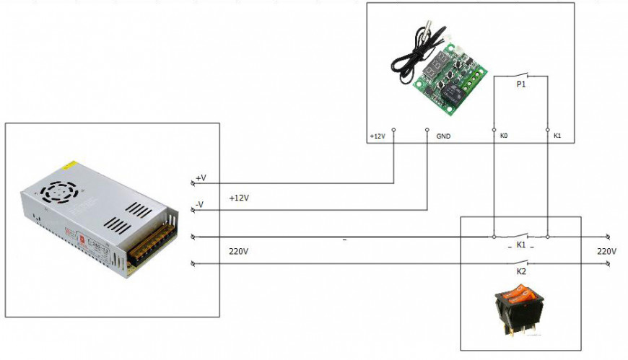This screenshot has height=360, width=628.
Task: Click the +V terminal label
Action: (x=201, y=177)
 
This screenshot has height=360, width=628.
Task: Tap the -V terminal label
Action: (x=200, y=205)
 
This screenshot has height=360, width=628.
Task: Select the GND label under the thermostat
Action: (x=443, y=136)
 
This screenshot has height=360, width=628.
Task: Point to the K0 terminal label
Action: (x=504, y=136)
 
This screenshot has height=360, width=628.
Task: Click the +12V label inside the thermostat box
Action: (x=378, y=136)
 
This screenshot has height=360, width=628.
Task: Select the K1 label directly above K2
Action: (x=520, y=246)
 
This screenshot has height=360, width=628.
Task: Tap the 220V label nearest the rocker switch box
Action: (x=606, y=251)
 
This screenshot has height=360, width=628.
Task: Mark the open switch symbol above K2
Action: (x=520, y=263)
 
